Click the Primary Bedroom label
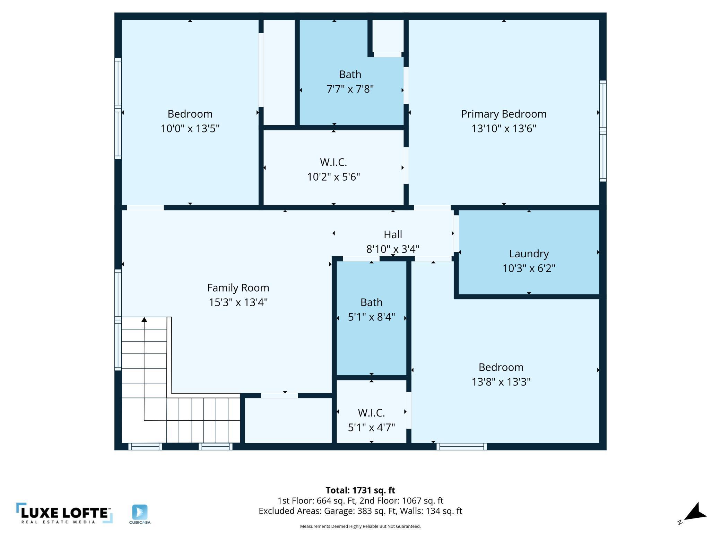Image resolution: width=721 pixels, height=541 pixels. [504, 114]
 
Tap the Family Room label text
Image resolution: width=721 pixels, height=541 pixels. [238, 288]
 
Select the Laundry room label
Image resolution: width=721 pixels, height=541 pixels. [529, 254]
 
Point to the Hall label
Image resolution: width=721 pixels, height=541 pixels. [393, 234]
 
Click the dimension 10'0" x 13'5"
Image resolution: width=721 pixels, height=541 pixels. [190, 129]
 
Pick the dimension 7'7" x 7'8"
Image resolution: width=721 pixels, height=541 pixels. [350, 89]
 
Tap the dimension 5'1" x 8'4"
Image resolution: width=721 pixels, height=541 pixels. [371, 317]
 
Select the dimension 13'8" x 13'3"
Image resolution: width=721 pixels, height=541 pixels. [501, 382]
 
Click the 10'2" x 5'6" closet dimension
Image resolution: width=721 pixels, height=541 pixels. [333, 177]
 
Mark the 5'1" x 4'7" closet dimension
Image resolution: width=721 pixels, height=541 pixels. [371, 427]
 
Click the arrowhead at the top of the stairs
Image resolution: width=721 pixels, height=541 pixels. [144, 319]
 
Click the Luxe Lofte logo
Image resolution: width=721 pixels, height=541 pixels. [64, 513]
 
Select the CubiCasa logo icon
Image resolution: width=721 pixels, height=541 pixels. [140, 512]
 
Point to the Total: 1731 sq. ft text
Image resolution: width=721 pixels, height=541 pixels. [360, 490]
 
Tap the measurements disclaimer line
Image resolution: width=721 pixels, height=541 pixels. [360, 526]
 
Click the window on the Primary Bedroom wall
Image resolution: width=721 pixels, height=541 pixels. [603, 131]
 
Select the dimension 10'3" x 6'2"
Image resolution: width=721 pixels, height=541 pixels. [529, 268]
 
